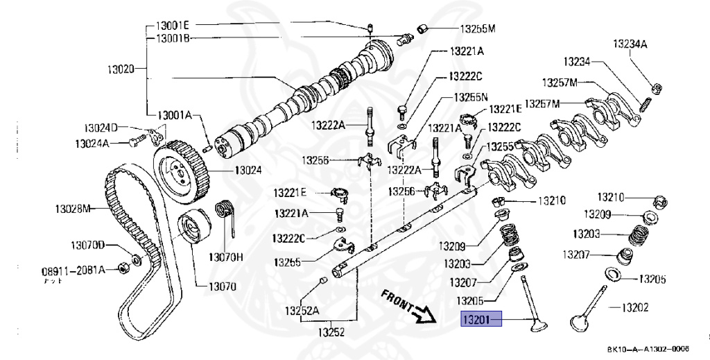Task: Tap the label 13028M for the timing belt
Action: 73,207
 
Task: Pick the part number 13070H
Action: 229,257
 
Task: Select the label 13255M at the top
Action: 478,29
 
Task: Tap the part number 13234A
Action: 630,44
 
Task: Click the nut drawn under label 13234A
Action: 655,87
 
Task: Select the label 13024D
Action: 101,128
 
